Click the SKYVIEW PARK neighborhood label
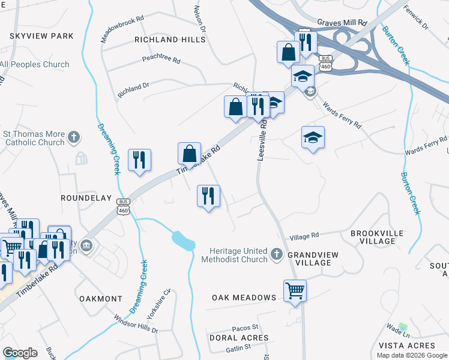pos(41,36)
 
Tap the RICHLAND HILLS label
pos(170,40)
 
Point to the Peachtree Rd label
pos(161,60)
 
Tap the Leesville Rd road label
pos(261,145)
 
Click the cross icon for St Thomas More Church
pos(74,137)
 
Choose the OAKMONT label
pos(100,298)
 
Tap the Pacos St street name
pos(245,328)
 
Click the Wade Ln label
pos(398,328)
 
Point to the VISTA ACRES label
pos(407,346)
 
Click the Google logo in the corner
pos(20,353)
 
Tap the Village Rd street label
pos(304,236)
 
